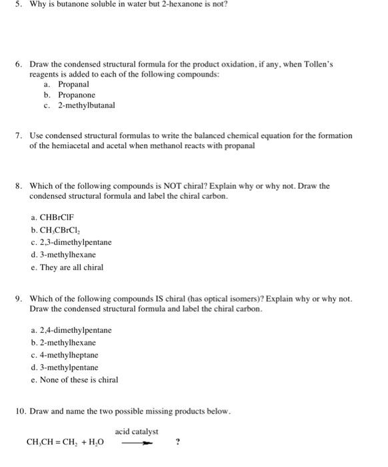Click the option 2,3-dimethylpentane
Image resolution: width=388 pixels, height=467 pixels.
click(76, 242)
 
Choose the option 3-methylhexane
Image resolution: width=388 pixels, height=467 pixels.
click(68, 255)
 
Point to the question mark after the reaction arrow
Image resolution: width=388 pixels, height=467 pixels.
click(177, 441)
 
